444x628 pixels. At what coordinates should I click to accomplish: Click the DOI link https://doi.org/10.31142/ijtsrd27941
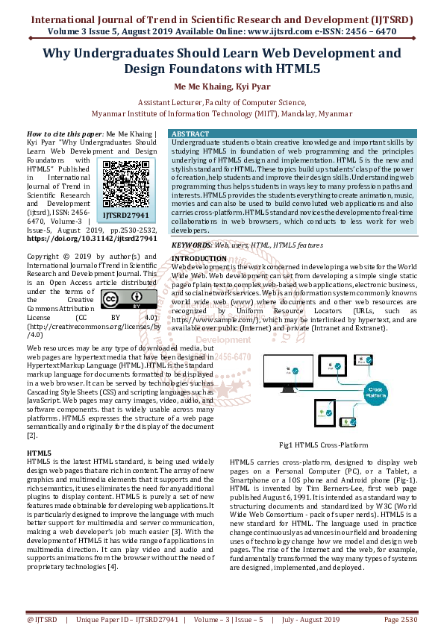pyautogui.click(x=92, y=239)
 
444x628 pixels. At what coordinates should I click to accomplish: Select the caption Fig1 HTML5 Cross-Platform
pyautogui.click(x=323, y=445)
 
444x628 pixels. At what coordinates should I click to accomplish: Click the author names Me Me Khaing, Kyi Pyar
pyautogui.click(x=222, y=87)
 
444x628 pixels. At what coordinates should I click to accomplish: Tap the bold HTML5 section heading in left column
pyautogui.click(x=39, y=453)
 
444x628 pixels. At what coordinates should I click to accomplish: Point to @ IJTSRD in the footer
pyautogui.click(x=43, y=618)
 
